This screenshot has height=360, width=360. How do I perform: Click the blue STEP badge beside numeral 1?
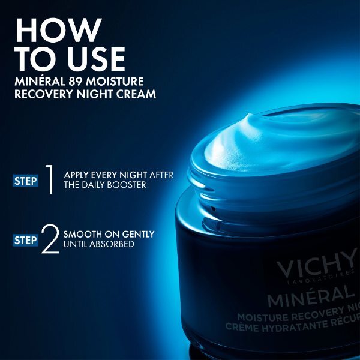pyautogui.click(x=26, y=180)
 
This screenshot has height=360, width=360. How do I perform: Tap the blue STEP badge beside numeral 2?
pyautogui.click(x=26, y=240)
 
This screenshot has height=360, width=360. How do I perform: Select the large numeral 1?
pyautogui.click(x=50, y=180)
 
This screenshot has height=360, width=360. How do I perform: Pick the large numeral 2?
pyautogui.click(x=50, y=239)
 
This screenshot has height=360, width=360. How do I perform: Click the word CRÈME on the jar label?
pyautogui.click(x=247, y=327)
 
